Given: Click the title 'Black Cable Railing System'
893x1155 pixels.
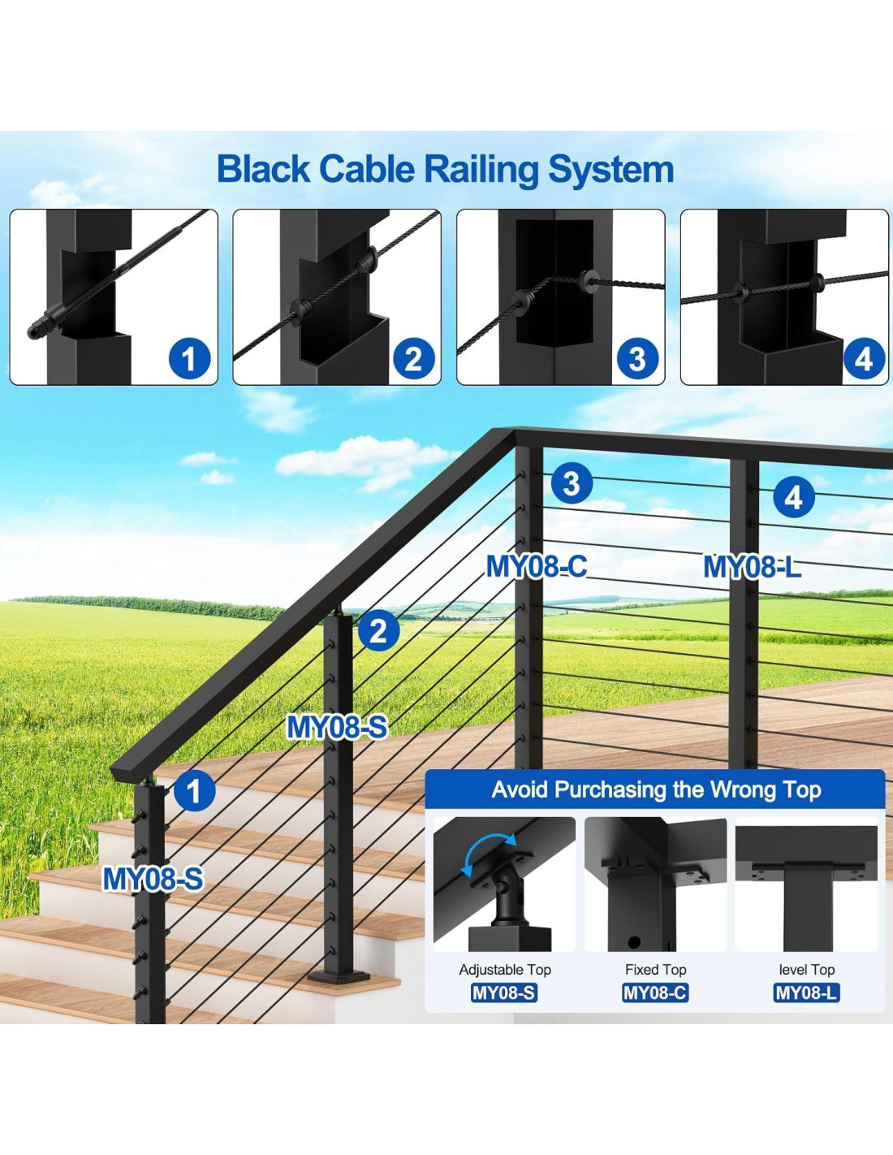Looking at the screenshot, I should coord(445,170).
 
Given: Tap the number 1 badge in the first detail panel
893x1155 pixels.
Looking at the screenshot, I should coord(189,358).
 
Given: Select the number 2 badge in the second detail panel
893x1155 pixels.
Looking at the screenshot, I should coord(413,358).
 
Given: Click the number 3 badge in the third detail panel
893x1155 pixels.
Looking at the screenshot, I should coord(636,358).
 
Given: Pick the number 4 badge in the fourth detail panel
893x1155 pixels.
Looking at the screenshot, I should coord(863,358).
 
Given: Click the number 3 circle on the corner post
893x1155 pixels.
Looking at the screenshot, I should coord(572,483).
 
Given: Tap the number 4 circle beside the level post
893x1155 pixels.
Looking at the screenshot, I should coord(793,497).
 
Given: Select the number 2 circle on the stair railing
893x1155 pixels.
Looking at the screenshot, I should coord(377,631).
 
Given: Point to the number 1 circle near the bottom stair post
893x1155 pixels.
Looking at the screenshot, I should coord(193,790).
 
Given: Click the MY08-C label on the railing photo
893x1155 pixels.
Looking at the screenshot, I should coord(537,566).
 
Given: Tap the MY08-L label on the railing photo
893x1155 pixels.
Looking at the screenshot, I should coord(752,567).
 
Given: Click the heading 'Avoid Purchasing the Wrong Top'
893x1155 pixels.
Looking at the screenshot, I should coord(656,789).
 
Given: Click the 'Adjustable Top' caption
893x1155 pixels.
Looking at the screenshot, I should coord(504,970).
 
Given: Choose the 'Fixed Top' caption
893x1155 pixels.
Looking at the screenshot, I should coord(655,970).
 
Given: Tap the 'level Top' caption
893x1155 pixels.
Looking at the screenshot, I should coord(806,970).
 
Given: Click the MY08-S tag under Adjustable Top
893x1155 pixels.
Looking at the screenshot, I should coord(504,993).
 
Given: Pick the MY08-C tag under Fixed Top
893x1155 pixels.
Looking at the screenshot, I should coord(655,993).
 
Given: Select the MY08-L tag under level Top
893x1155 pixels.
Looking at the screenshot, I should coord(806,993).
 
